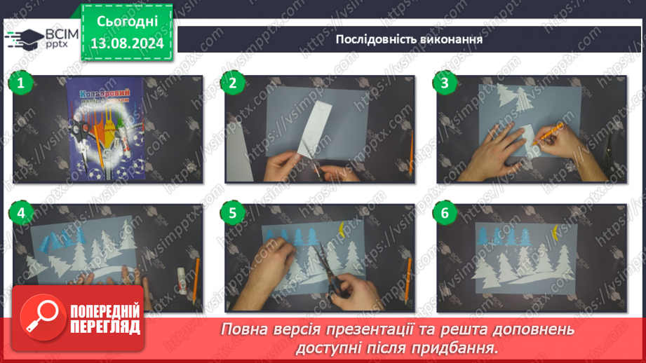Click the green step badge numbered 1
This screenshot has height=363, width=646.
coord(20,83)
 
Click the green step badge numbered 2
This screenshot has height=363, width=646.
coord(232,83)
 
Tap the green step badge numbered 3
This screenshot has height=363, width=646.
coord(443,83)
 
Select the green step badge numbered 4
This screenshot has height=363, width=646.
coord(20,212)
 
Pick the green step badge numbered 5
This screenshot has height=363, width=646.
coord(232,212)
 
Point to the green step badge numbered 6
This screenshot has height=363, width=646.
coord(443,212)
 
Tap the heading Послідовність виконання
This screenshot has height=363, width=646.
coord(409,39)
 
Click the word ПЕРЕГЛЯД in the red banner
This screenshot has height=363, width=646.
coord(105,327)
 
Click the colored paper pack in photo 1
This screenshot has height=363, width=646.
coord(106,126)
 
